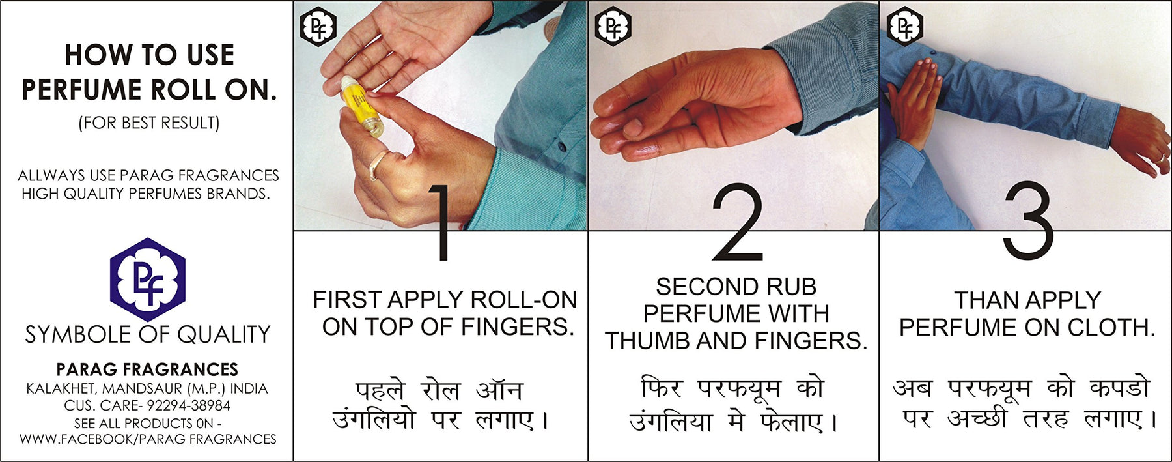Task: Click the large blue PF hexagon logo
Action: (x=148, y=280)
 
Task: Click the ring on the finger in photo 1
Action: (x=376, y=164)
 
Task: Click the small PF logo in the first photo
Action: (x=317, y=27)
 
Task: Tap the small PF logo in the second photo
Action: (x=613, y=26)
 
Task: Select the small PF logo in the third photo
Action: (x=905, y=25)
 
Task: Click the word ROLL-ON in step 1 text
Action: (x=523, y=300)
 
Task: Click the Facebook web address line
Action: (x=148, y=439)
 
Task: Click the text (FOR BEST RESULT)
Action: (x=149, y=123)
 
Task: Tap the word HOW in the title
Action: (x=91, y=55)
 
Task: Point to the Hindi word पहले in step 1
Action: (x=380, y=390)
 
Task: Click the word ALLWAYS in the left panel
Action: (x=51, y=175)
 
